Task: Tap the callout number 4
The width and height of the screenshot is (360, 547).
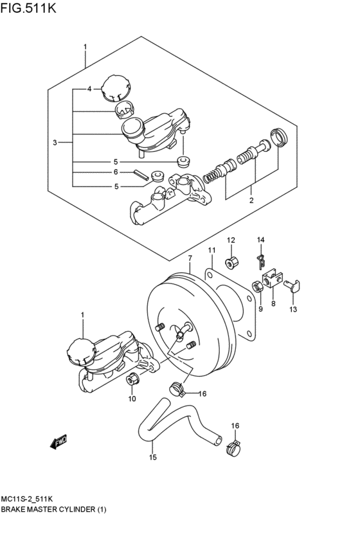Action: (x=90, y=89)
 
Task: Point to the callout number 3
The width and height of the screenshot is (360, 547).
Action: (x=55, y=142)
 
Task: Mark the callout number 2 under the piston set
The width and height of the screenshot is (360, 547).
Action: (x=251, y=200)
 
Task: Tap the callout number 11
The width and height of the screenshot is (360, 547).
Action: (x=212, y=250)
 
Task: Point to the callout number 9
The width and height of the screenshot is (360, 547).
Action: (x=260, y=309)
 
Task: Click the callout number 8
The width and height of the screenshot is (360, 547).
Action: (x=273, y=303)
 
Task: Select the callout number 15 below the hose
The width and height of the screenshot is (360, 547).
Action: (x=152, y=458)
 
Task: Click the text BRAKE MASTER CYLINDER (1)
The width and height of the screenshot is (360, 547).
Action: (x=53, y=509)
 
